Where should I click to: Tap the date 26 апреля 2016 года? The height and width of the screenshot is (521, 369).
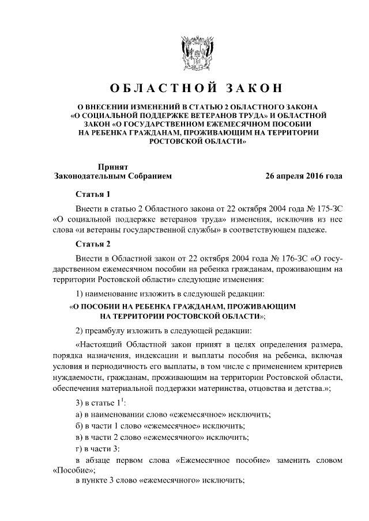click(x=304, y=176)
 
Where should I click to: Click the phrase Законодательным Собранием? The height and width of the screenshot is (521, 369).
click(x=112, y=176)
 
